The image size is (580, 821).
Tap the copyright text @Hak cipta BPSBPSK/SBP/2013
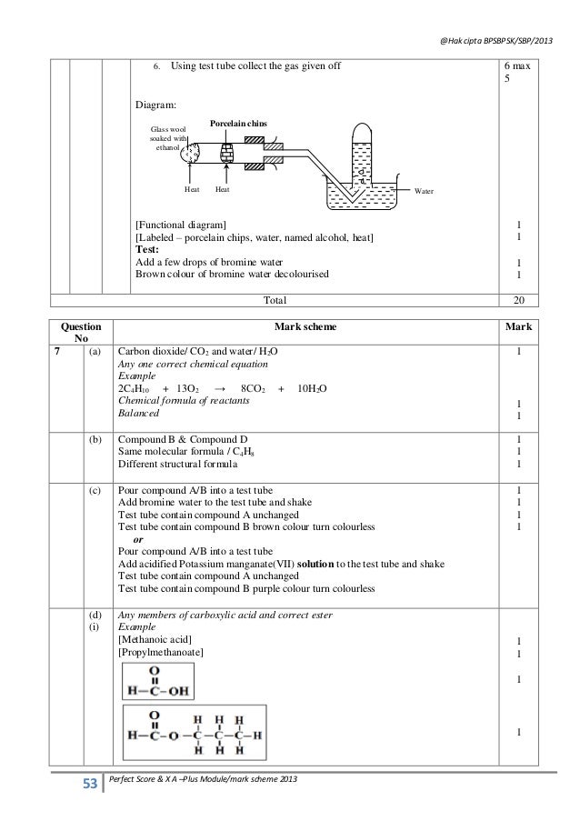[x=495, y=23]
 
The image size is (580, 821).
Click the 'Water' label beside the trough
[x=425, y=191]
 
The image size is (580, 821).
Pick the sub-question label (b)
[x=95, y=439]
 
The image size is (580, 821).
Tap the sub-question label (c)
[x=95, y=490]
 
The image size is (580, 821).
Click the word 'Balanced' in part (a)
[x=137, y=413]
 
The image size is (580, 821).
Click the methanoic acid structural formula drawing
[x=160, y=682]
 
